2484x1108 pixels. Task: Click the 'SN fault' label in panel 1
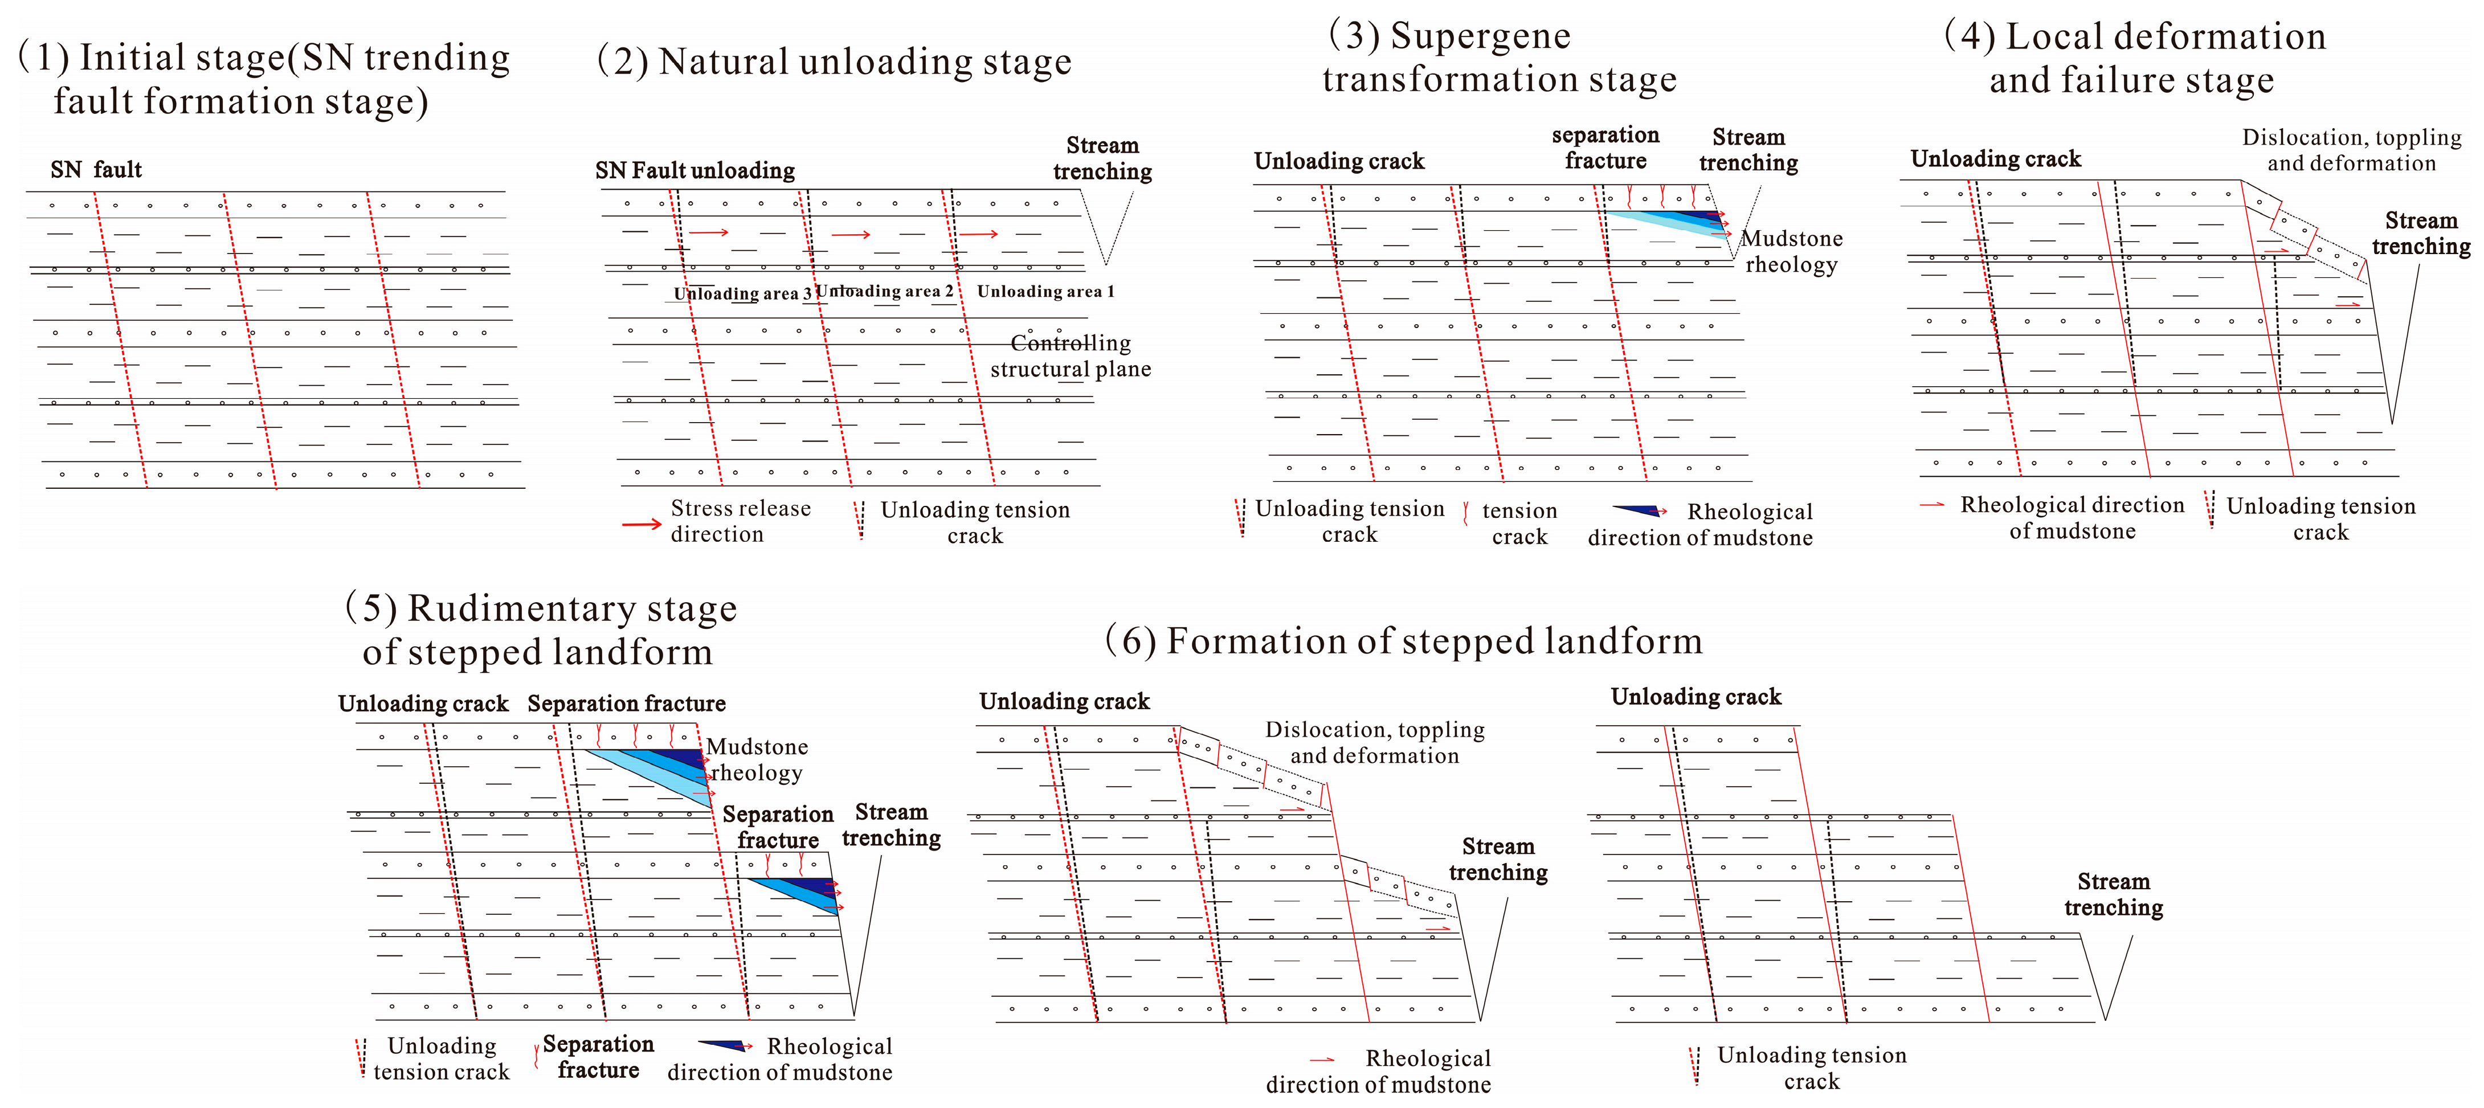[x=96, y=170]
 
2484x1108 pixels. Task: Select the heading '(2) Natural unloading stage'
[x=834, y=62]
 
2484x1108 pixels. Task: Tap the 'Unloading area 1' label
[x=1045, y=291]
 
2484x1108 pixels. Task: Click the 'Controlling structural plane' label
[x=1071, y=356]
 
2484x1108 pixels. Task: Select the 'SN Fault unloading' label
[x=694, y=171]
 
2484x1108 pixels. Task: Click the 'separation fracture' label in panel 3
[x=1605, y=148]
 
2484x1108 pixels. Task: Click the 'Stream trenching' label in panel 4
[x=2420, y=234]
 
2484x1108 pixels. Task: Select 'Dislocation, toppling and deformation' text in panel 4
[x=2351, y=150]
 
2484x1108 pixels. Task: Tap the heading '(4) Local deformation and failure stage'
[x=2135, y=58]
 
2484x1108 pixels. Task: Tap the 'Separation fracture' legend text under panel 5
[x=598, y=1057]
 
